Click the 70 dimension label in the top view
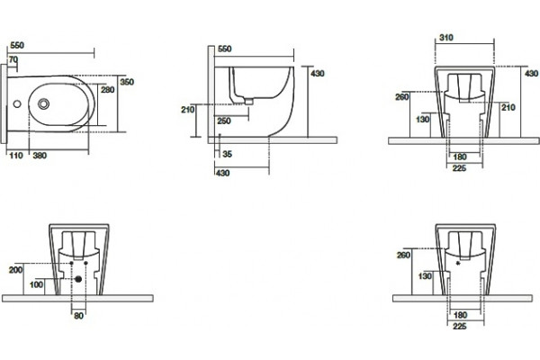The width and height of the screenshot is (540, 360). click(13, 60)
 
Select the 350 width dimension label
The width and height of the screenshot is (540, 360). click(127, 82)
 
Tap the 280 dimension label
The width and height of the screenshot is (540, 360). click(107, 90)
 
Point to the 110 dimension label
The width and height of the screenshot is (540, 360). click(16, 156)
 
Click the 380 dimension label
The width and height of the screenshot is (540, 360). click(40, 156)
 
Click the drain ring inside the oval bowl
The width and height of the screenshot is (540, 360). click(43, 103)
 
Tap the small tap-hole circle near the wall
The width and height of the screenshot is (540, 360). click(17, 103)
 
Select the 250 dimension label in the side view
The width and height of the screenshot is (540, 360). click(224, 121)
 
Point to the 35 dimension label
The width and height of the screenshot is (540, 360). click(227, 154)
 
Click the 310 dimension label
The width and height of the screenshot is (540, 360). click(446, 38)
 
